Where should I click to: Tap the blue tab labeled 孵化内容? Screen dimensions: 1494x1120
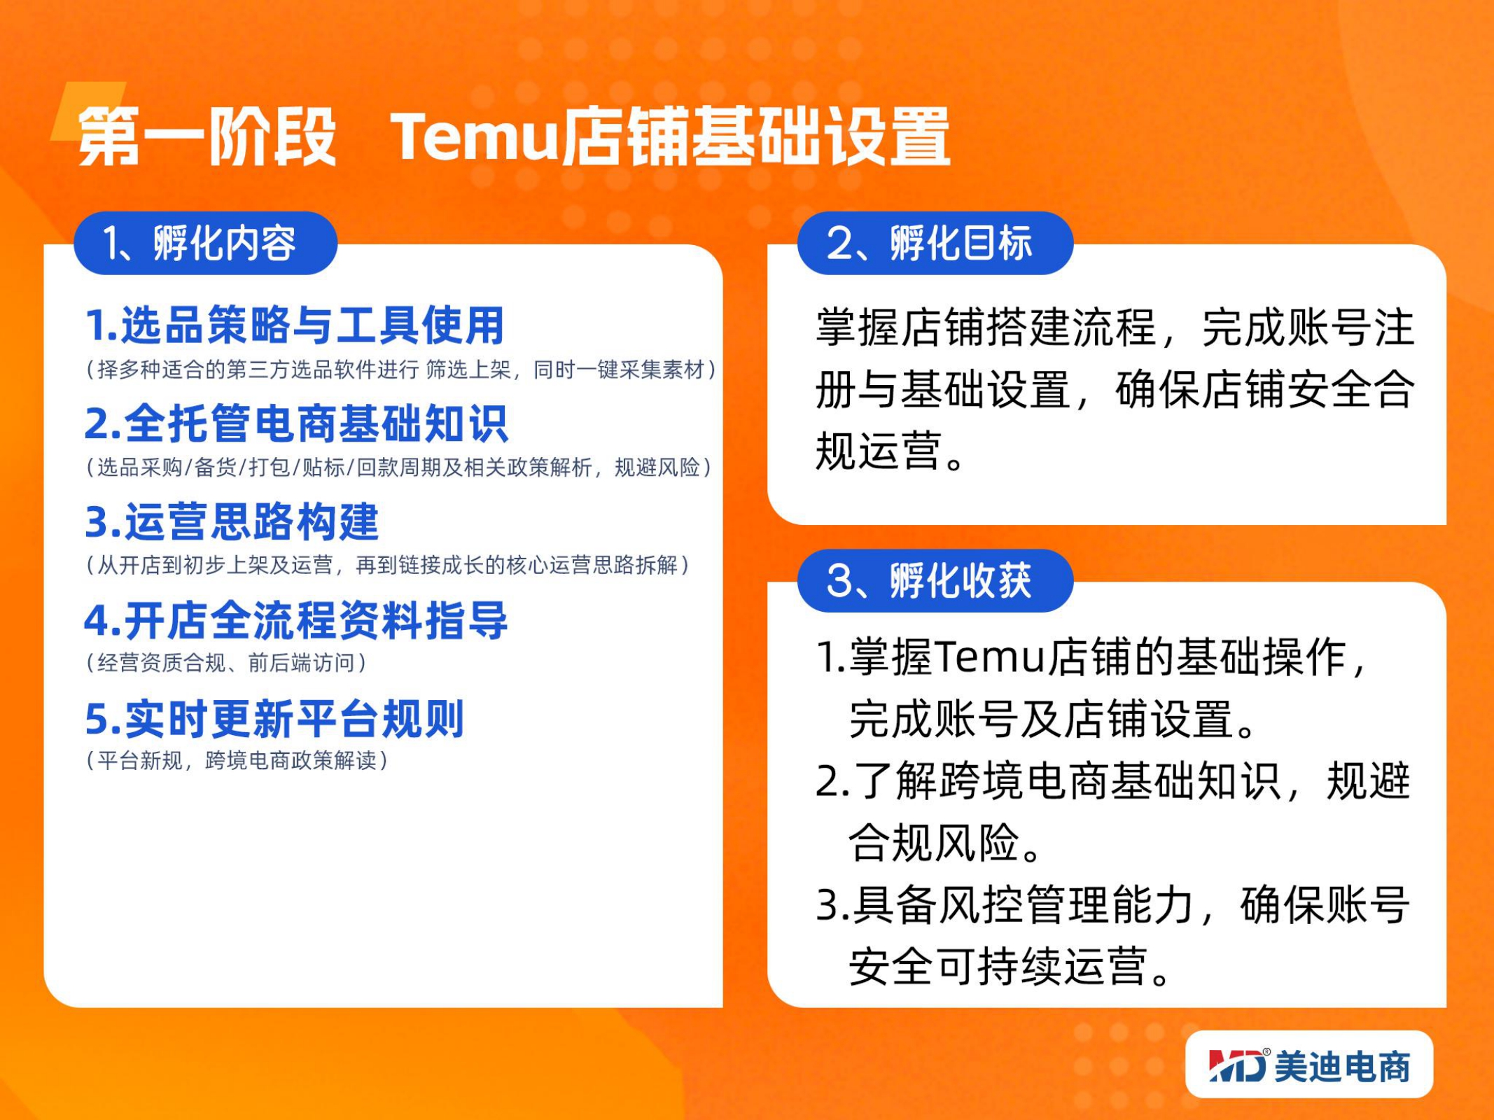pyautogui.click(x=206, y=243)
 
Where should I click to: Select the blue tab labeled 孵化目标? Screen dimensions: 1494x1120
pyautogui.click(x=935, y=243)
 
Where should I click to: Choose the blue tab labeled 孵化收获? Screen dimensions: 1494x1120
pyautogui.click(x=935, y=580)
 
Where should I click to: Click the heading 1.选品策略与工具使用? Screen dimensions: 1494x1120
pyautogui.click(x=294, y=325)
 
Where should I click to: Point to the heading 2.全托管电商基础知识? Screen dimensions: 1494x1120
pyautogui.click(x=295, y=423)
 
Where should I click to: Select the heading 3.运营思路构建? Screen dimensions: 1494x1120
pyautogui.click(x=232, y=521)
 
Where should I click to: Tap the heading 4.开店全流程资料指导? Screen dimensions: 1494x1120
pyautogui.click(x=295, y=620)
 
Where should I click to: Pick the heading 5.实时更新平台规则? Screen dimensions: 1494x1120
pyautogui.click(x=274, y=719)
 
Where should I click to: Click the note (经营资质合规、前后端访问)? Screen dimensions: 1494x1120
pyautogui.click(x=225, y=662)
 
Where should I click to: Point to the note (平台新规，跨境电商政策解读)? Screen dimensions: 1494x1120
pyautogui.click(x=237, y=760)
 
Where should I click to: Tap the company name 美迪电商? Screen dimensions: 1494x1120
pyautogui.click(x=1342, y=1067)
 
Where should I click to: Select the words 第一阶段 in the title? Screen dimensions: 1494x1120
pyautogui.click(x=207, y=136)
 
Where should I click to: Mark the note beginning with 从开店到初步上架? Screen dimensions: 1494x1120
pyautogui.click(x=387, y=564)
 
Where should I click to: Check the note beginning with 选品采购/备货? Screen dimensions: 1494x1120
pyautogui.click(x=398, y=467)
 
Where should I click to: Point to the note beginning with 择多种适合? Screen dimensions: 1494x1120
pyautogui.click(x=400, y=369)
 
